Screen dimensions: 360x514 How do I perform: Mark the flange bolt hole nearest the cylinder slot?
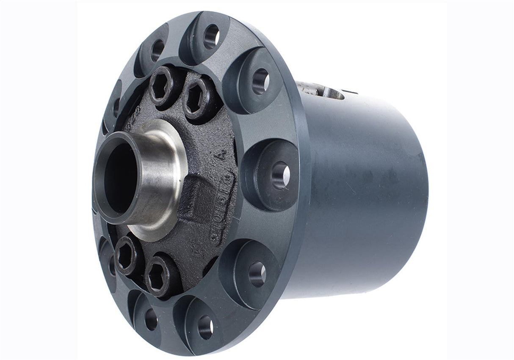coord(260,81)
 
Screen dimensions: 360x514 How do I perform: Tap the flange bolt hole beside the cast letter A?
coord(281,174)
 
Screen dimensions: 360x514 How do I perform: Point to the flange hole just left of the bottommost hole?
coord(151,319)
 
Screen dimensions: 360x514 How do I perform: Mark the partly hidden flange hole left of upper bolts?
coord(116,107)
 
